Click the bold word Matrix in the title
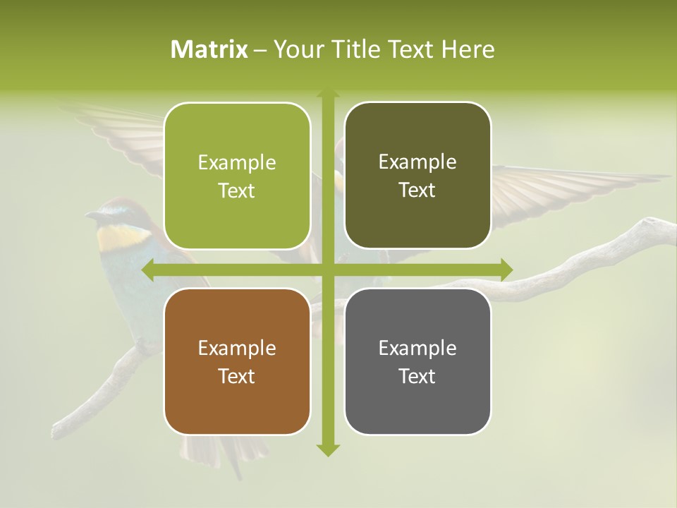pyautogui.click(x=209, y=49)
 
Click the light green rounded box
pyautogui.click(x=237, y=176)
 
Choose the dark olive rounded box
pyautogui.click(x=417, y=176)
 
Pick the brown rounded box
pyautogui.click(x=237, y=361)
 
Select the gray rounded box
pyautogui.click(x=417, y=361)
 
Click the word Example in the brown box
pyautogui.click(x=237, y=348)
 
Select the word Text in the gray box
pyautogui.click(x=417, y=376)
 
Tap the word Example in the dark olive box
pyautogui.click(x=417, y=162)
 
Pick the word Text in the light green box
pyautogui.click(x=237, y=190)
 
